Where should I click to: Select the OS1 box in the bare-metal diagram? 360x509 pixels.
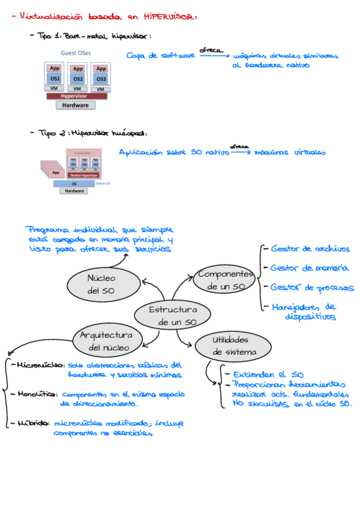click(55, 79)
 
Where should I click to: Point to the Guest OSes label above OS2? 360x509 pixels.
click(76, 53)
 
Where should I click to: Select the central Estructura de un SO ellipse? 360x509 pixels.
click(173, 316)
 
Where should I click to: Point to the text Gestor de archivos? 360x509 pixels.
click(310, 248)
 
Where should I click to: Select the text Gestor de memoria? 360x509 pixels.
click(309, 268)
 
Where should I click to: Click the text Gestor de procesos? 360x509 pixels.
click(311, 288)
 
